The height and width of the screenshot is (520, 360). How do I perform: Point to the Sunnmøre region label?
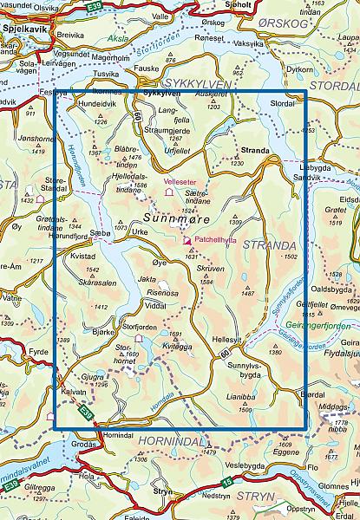pos(176,220)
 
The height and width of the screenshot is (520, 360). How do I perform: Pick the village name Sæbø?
pos(100,233)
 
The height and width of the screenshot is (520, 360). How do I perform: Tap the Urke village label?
pos(141,232)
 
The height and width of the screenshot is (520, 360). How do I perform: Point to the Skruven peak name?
pos(212,268)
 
